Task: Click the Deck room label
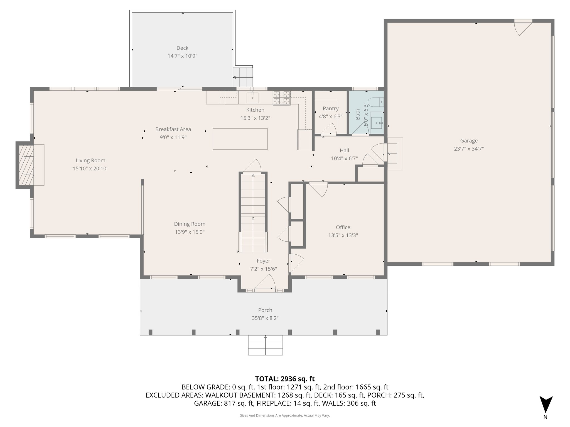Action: [x=182, y=48]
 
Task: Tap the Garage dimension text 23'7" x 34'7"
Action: [x=469, y=149]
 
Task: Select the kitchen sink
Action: [x=252, y=98]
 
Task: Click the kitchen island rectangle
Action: [x=240, y=139]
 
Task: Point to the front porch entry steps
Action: [x=265, y=345]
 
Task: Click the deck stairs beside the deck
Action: [x=243, y=77]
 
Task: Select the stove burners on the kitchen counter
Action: [x=281, y=98]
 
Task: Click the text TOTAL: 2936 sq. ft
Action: [x=285, y=379]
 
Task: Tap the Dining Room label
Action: [x=190, y=224]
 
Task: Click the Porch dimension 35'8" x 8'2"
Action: [x=265, y=318]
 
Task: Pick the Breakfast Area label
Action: [x=173, y=129]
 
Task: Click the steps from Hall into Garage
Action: [x=393, y=153]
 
